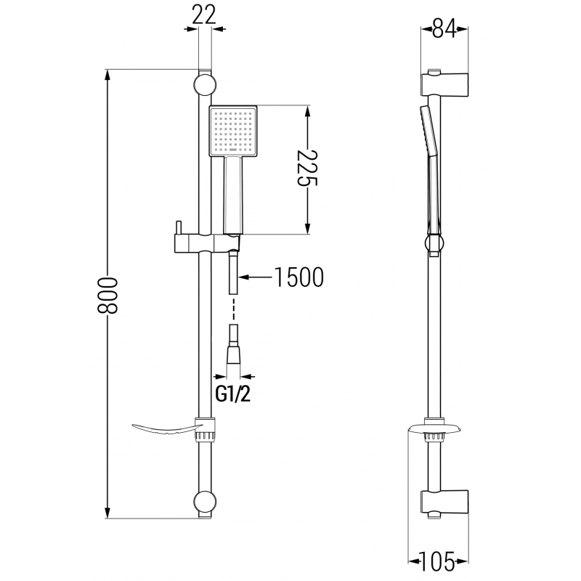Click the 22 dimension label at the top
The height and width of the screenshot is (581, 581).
206,15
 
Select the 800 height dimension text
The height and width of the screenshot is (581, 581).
107,295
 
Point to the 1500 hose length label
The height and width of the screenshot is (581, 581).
298,277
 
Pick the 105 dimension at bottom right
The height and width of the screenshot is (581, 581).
439,561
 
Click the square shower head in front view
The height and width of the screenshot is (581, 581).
231,131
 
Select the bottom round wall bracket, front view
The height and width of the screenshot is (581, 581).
206,503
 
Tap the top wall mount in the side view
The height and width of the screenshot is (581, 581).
444,84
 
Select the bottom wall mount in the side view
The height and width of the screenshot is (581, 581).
444,502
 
